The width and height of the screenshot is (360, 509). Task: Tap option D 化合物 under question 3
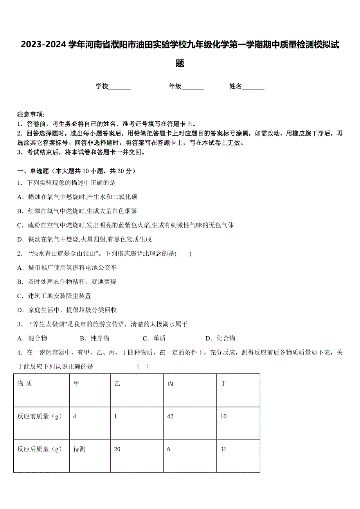(220, 338)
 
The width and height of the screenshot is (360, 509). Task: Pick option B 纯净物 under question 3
(95, 338)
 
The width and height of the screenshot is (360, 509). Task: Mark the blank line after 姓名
(253, 87)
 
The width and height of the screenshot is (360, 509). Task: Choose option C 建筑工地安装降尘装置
(54, 296)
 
